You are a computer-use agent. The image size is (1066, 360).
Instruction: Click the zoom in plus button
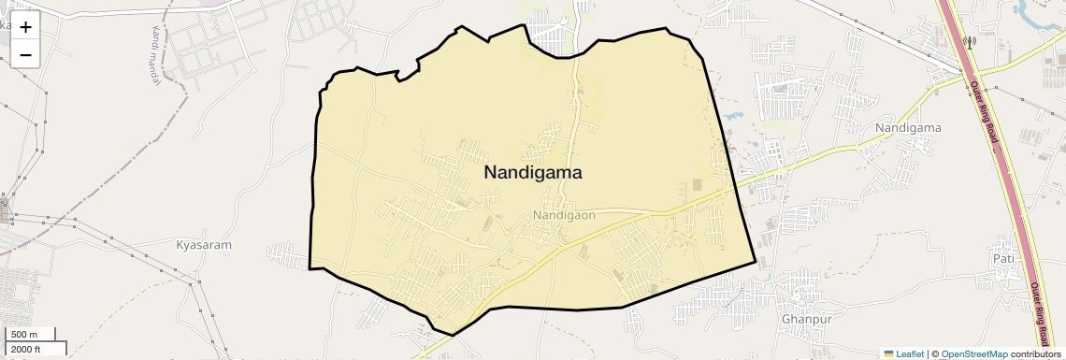tap(25, 28)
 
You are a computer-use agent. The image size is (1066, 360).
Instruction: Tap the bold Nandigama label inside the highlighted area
tap(533, 172)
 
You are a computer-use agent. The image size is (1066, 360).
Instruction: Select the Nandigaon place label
tap(564, 215)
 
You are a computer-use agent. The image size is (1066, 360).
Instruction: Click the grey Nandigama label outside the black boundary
tap(907, 127)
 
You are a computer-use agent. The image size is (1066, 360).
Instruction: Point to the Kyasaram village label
tap(203, 245)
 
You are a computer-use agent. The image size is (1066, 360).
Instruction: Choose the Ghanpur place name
tap(805, 319)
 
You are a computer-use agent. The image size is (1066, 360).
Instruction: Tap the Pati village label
tap(1003, 258)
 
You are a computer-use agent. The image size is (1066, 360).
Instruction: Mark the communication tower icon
tap(969, 42)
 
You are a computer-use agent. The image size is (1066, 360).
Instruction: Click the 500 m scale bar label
tap(25, 335)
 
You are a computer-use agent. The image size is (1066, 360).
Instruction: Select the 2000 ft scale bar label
tap(25, 350)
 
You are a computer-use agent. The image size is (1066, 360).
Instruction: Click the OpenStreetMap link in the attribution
tap(973, 354)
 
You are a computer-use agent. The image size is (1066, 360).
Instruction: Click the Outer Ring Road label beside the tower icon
tap(985, 112)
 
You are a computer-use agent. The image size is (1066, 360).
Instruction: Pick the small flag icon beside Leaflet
tap(888, 354)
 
